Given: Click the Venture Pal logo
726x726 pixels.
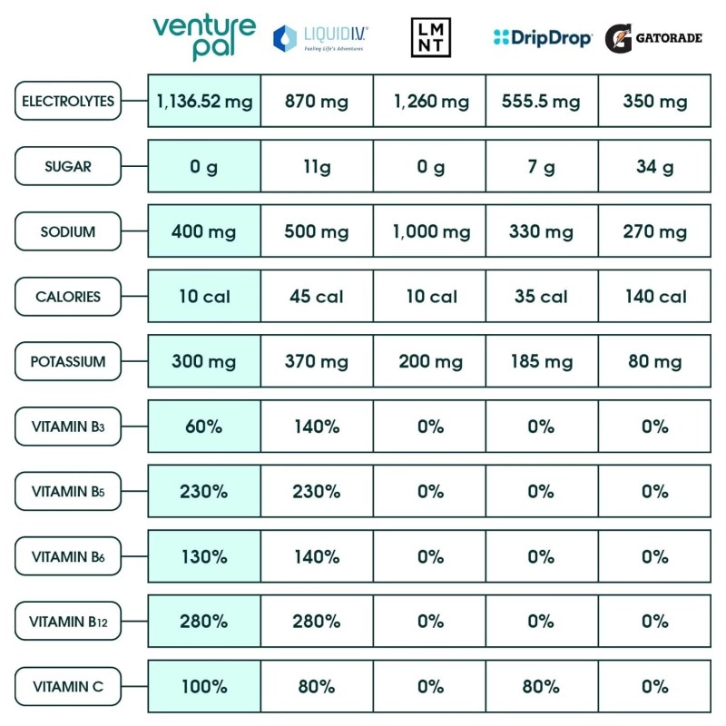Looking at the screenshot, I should coord(204,37).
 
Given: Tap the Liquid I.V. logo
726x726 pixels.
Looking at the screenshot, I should coord(320,37).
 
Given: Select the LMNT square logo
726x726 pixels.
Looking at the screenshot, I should coord(431,38).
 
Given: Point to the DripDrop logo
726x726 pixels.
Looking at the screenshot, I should coord(543,38).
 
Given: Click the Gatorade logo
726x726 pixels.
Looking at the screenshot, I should coord(654,39).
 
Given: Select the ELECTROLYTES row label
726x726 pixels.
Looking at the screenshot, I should coord(68,101).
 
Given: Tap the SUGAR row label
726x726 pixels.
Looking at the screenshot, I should coord(68,166).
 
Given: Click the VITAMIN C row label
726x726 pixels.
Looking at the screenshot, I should coord(68,687).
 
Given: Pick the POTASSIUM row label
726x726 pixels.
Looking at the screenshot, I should coord(68,361).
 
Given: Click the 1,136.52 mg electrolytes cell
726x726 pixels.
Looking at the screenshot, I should coord(204,101).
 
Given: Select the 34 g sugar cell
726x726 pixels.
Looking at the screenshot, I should coord(654,166).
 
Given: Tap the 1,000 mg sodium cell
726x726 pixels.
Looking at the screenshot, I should coord(431,231).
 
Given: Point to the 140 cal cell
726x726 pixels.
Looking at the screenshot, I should coord(654,297).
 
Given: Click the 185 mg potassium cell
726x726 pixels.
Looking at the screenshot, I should coord(542,361).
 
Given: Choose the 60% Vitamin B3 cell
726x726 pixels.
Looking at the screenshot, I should coord(204,427).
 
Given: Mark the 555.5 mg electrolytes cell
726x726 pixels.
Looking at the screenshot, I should coord(542,101).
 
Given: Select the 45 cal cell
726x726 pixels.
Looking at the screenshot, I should coord(317,297).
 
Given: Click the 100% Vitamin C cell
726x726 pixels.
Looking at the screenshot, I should coord(204,687).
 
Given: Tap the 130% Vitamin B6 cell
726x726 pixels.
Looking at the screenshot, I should coord(204,556).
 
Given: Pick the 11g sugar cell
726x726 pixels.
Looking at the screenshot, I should coord(317,166).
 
